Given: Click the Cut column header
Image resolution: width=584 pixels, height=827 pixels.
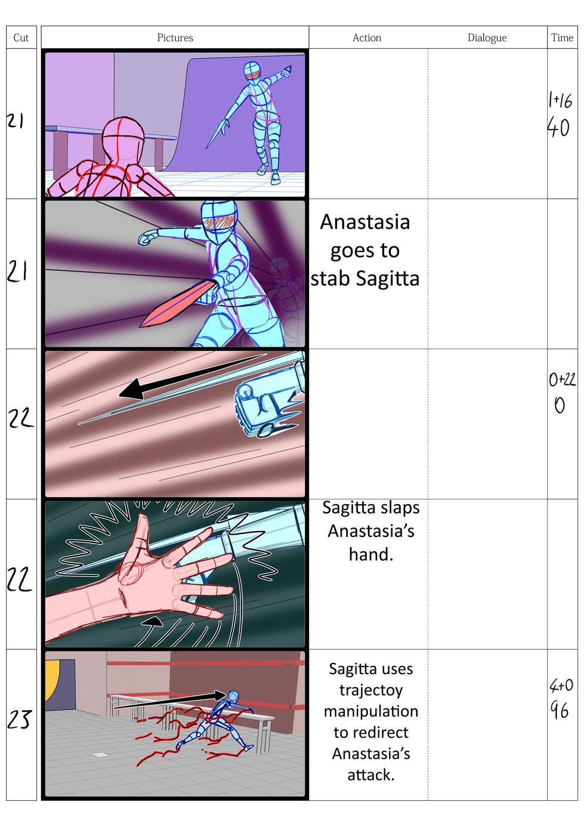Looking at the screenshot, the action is [x=21, y=38].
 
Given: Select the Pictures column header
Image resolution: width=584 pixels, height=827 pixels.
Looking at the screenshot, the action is [x=175, y=38].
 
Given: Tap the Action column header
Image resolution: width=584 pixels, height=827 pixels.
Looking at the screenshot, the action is [x=367, y=38].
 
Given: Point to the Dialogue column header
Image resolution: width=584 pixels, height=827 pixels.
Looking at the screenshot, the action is [x=487, y=38].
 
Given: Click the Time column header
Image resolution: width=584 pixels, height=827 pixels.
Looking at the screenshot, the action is [x=562, y=38].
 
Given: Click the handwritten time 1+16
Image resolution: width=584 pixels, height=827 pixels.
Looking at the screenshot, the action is [x=560, y=100].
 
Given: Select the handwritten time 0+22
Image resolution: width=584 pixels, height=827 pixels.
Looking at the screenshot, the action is [x=561, y=379].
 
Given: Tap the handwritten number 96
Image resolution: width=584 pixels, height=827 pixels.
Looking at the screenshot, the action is [x=560, y=710].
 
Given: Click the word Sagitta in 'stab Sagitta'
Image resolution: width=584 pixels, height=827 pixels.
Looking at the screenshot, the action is [x=388, y=279].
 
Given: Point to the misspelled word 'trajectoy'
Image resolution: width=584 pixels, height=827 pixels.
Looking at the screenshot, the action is [x=371, y=690].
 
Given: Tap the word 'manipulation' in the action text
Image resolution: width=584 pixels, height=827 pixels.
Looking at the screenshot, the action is [x=371, y=711].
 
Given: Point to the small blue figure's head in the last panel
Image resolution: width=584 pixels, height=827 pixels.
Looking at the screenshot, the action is [x=233, y=696].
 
